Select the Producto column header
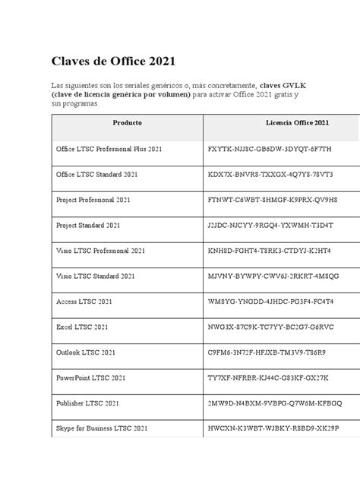click(x=127, y=122)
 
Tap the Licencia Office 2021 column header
click(x=297, y=122)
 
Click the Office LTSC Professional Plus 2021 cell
click(x=109, y=149)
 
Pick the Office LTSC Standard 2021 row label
click(x=96, y=175)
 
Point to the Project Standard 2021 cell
click(x=88, y=226)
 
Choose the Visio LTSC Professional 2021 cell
click(x=101, y=251)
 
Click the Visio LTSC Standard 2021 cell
click(x=96, y=276)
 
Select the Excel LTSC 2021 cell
click(x=83, y=327)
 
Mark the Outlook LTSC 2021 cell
click(x=86, y=352)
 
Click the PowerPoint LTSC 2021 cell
click(x=91, y=377)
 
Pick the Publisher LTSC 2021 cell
click(x=87, y=403)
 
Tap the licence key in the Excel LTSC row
click(x=270, y=327)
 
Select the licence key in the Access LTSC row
click(x=270, y=302)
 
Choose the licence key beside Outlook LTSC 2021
click(x=267, y=352)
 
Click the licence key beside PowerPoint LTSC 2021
click(x=268, y=377)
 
